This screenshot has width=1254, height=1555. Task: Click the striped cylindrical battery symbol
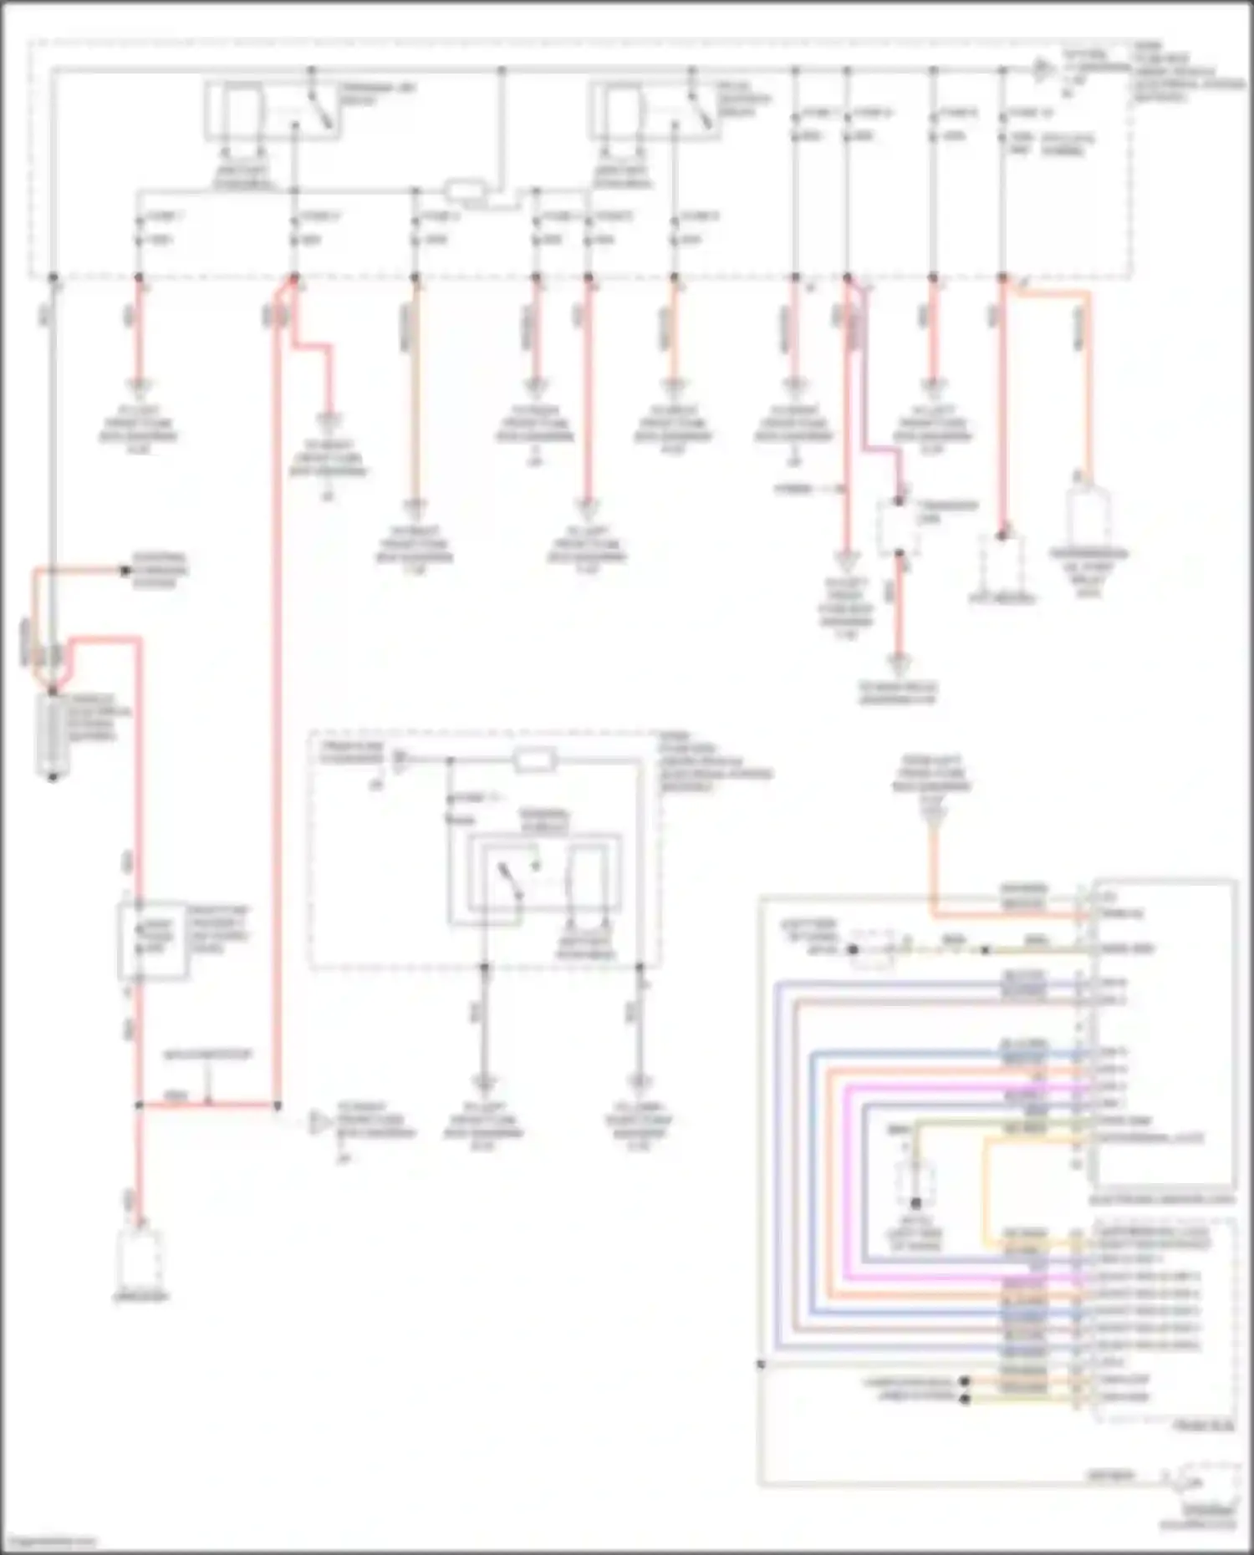click(x=52, y=736)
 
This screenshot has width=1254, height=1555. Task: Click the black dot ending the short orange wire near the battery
click(x=125, y=571)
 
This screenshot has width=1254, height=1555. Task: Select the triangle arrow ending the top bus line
click(x=1042, y=69)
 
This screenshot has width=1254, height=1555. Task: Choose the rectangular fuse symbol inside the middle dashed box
click(x=534, y=760)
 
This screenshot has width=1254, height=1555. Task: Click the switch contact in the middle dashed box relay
click(x=507, y=882)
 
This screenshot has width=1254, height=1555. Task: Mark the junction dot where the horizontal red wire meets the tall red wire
click(x=277, y=1105)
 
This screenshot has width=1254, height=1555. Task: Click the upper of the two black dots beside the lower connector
click(x=965, y=1381)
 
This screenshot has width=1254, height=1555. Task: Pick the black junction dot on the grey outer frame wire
click(x=761, y=1364)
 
